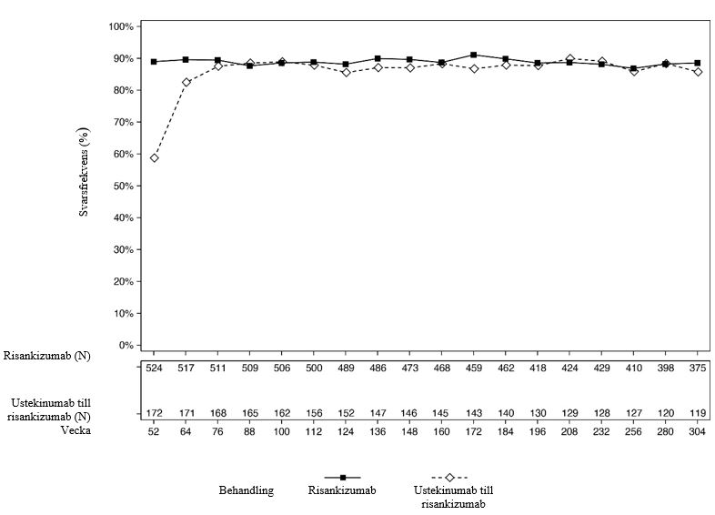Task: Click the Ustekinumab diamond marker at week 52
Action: click(x=154, y=157)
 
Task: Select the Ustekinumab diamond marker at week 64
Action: click(x=186, y=82)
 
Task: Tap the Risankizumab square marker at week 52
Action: click(x=154, y=62)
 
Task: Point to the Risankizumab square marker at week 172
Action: click(x=473, y=55)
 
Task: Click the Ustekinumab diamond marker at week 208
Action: click(x=569, y=58)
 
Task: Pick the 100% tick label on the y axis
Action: click(x=121, y=26)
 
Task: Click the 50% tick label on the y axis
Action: click(x=124, y=186)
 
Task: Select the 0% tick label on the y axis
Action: click(x=126, y=346)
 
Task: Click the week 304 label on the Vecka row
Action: click(x=697, y=431)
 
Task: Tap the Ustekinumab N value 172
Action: click(x=154, y=414)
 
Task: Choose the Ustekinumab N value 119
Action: click(x=697, y=414)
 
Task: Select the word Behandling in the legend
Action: click(x=245, y=490)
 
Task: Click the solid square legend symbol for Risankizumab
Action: click(x=342, y=477)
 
